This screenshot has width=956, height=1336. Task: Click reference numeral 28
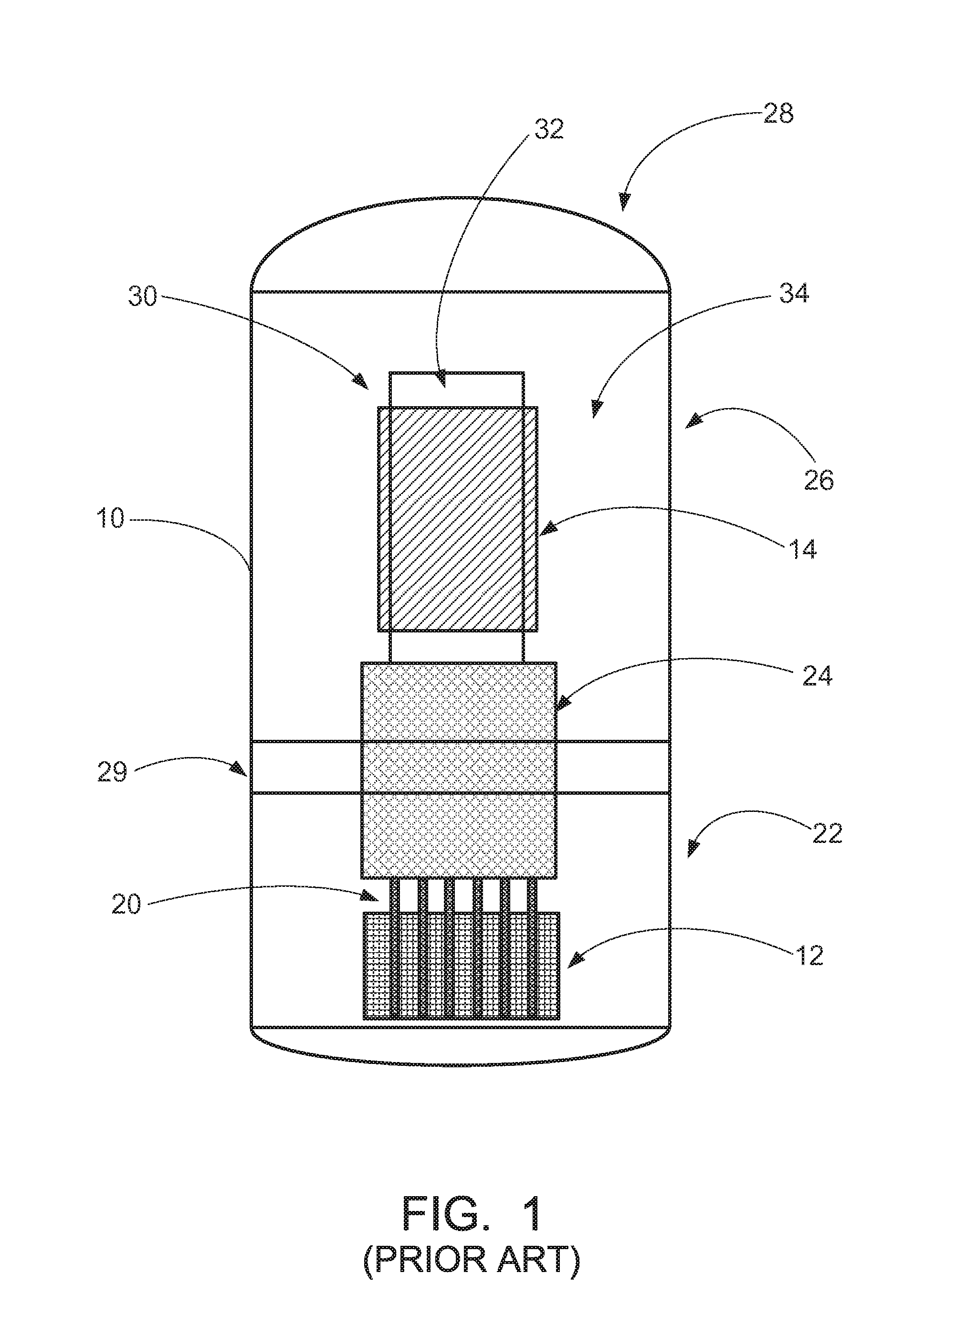point(778,113)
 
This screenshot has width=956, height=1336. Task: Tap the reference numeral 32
point(549,129)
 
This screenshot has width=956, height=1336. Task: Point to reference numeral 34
point(794,293)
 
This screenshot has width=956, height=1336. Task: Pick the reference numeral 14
point(802,549)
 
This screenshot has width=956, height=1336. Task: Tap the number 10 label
point(111,518)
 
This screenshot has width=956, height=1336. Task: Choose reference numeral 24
point(817,676)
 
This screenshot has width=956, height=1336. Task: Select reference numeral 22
point(827,833)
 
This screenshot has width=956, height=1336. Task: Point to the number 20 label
point(126,904)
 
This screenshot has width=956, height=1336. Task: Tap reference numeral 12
point(808,955)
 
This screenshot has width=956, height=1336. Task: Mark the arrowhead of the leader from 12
point(575,961)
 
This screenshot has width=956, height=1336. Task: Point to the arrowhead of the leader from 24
point(563,702)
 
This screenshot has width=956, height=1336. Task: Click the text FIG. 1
point(472,1215)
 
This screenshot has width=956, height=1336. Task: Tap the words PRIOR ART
point(472,1260)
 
